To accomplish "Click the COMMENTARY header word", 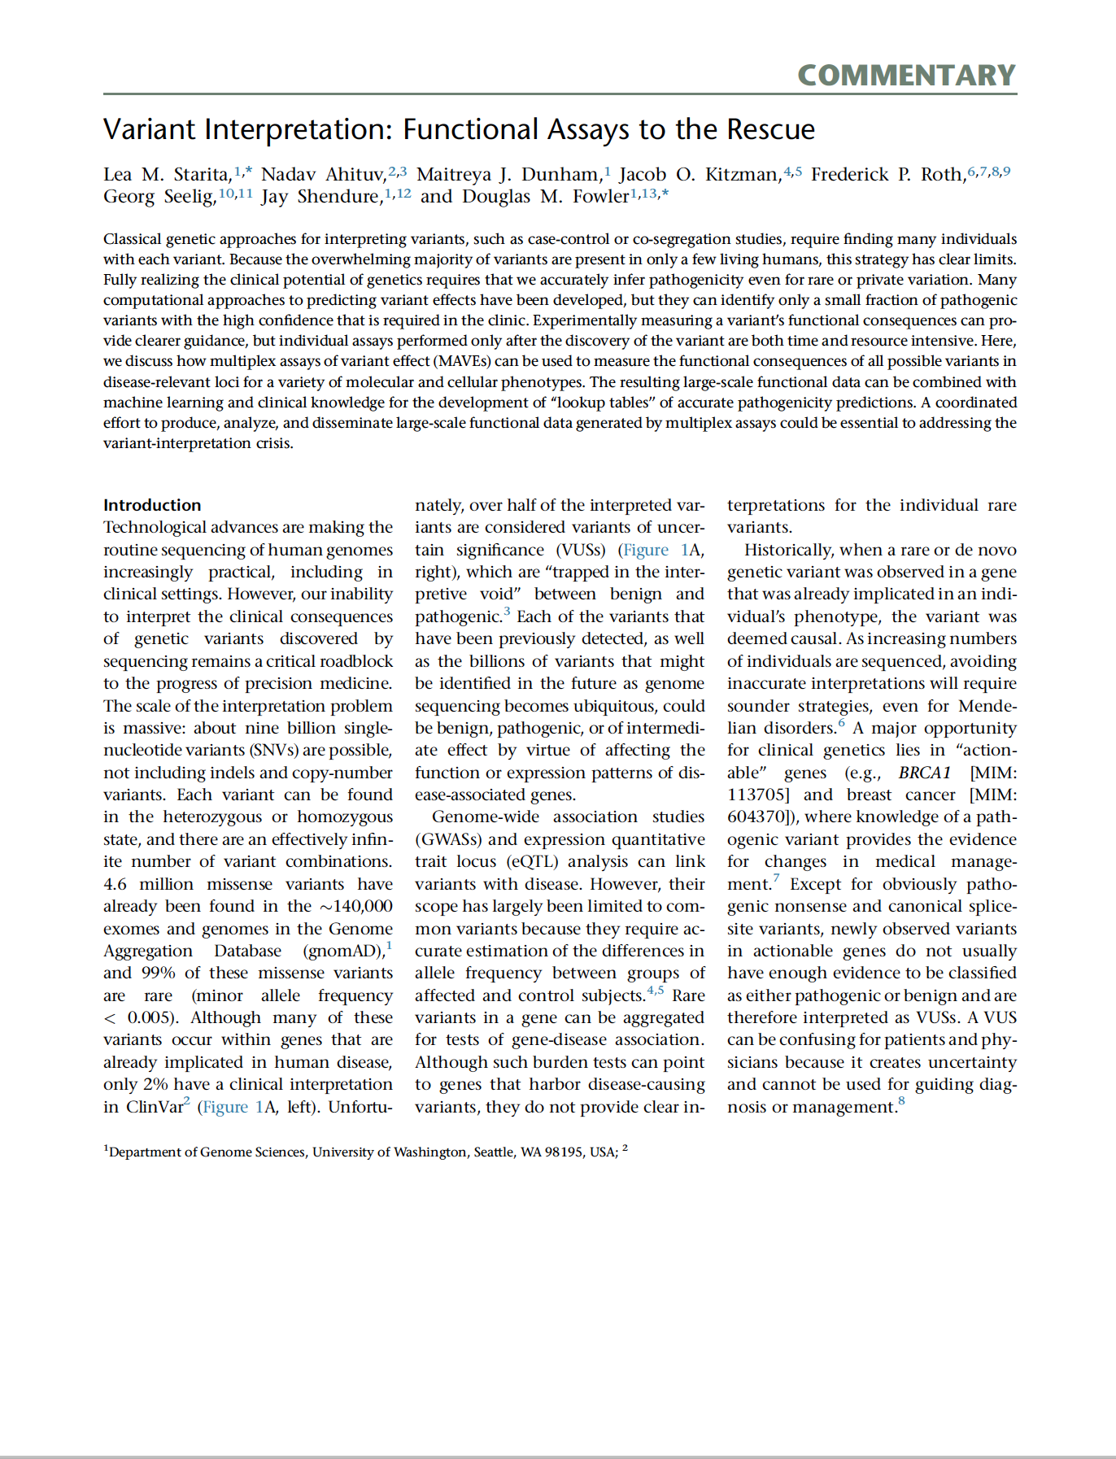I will click(906, 75).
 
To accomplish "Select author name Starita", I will click(202, 174).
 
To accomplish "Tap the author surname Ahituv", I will click(355, 174).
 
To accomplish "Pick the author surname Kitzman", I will click(740, 174).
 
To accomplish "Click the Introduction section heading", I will click(152, 505).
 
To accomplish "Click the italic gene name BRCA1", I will click(924, 773).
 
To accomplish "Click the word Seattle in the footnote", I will click(495, 1152).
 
